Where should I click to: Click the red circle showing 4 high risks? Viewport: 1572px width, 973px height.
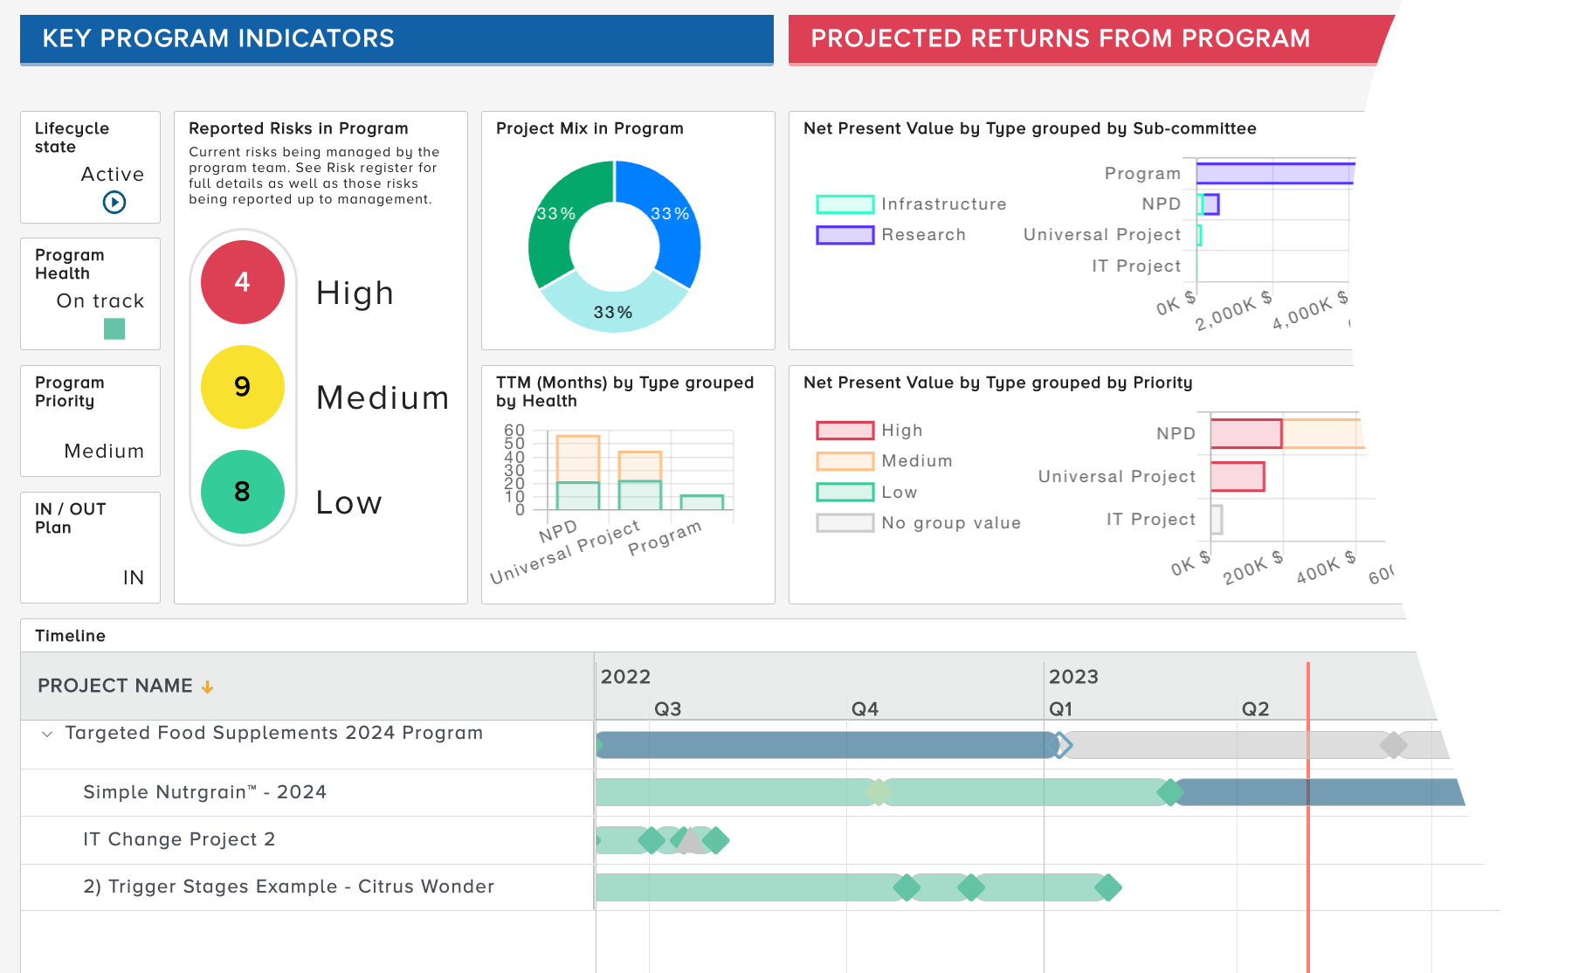[x=243, y=282]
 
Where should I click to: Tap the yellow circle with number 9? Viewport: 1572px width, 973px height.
[x=243, y=387]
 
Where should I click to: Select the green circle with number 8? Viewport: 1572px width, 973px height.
[x=243, y=492]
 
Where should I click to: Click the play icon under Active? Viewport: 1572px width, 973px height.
[x=114, y=203]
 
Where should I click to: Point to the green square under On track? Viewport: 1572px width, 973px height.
[x=114, y=329]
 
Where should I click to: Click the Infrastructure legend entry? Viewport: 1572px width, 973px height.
[x=910, y=204]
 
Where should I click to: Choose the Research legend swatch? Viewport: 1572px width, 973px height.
[x=845, y=235]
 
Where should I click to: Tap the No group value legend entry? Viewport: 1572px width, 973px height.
[x=918, y=523]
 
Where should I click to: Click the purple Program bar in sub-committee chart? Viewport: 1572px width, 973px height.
[x=1274, y=173]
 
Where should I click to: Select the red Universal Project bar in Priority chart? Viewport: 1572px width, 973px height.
[x=1238, y=477]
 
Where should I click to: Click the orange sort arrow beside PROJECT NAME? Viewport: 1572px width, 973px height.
[x=207, y=687]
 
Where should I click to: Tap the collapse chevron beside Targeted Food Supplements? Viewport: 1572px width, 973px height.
[x=47, y=734]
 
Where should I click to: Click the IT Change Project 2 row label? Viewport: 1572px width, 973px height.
[x=179, y=839]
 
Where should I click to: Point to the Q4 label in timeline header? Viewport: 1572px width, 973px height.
[x=865, y=709]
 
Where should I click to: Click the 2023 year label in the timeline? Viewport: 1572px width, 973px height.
[x=1073, y=677]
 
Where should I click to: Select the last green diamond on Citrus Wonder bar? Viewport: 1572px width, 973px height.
[x=1107, y=888]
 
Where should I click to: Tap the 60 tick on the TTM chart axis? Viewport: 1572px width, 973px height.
[x=514, y=431]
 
